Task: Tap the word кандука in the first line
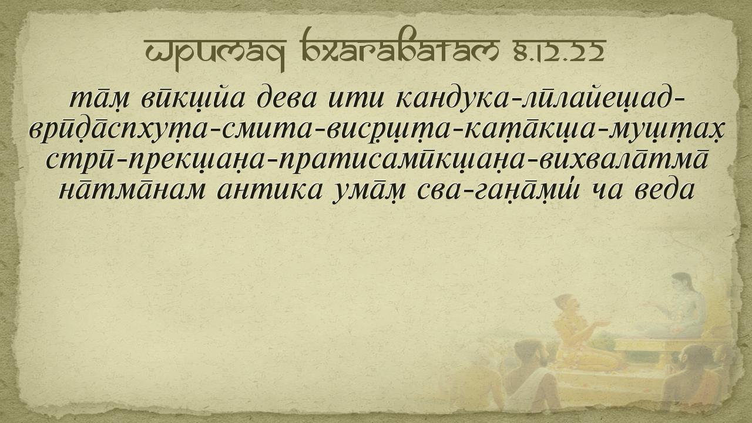pos(453,99)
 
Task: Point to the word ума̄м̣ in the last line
pos(370,192)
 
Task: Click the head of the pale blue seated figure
pos(682,283)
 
